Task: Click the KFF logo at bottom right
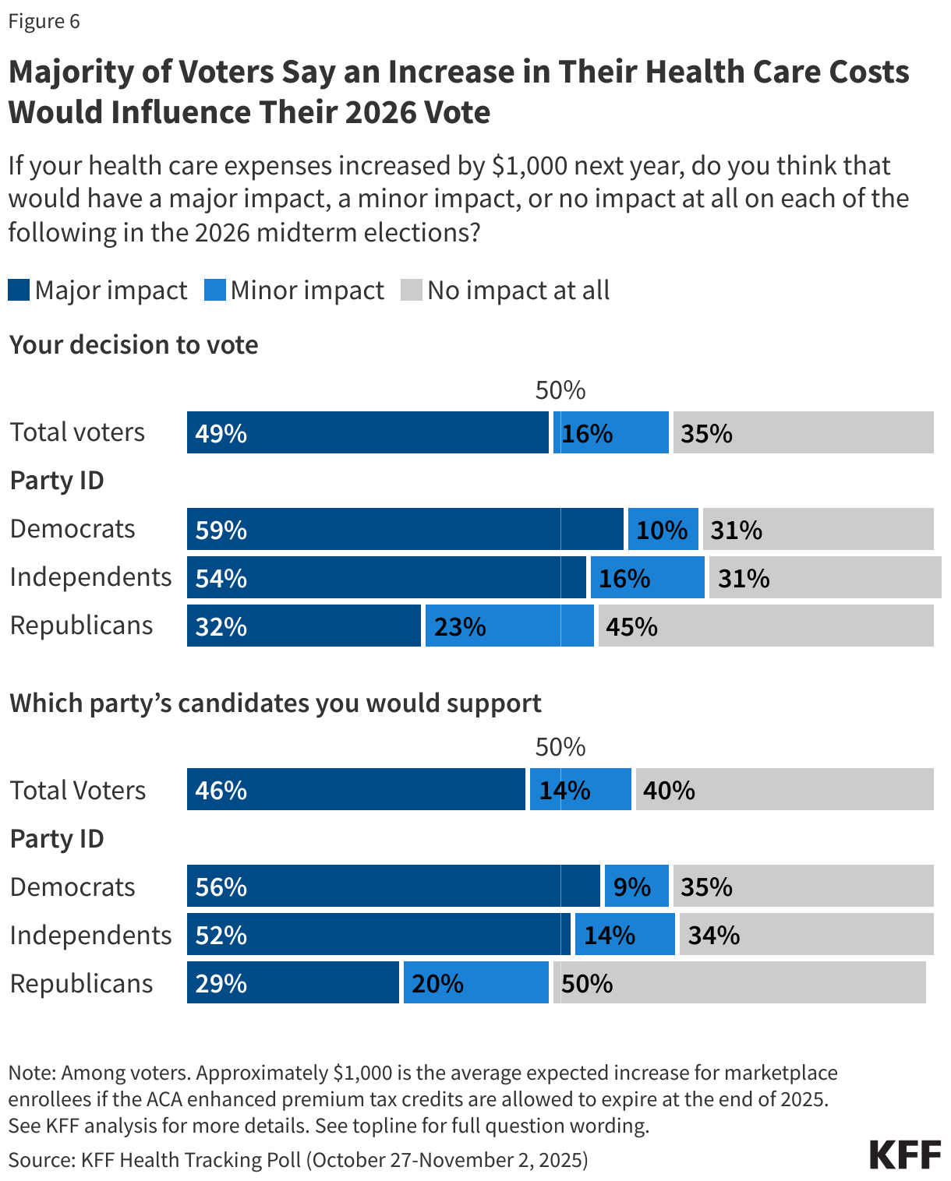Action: click(x=905, y=1155)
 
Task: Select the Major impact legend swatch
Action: click(x=19, y=291)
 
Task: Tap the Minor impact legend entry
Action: click(x=294, y=291)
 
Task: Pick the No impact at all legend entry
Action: click(x=505, y=291)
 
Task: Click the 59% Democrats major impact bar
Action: click(x=405, y=530)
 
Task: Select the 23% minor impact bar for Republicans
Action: click(x=509, y=626)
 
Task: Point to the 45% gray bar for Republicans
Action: click(x=765, y=626)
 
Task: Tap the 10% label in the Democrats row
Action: click(x=662, y=531)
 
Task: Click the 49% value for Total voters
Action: click(x=221, y=433)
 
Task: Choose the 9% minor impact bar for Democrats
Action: click(x=636, y=887)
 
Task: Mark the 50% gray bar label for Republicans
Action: click(x=586, y=984)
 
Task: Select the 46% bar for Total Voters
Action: click(x=355, y=790)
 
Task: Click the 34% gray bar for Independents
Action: click(x=806, y=935)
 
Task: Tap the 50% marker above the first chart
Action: click(x=560, y=390)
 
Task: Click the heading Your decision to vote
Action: click(x=133, y=344)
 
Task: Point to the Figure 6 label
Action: click(x=44, y=21)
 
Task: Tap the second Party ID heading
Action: click(x=56, y=839)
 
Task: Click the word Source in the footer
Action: click(x=40, y=1160)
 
